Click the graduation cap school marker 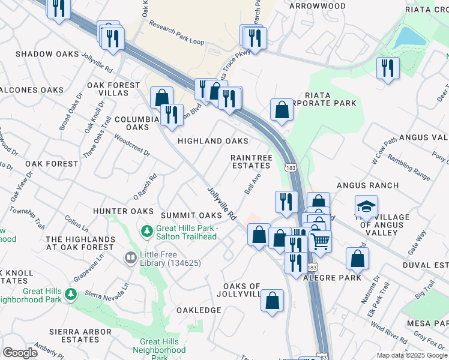click(x=366, y=207)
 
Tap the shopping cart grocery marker click(x=320, y=242)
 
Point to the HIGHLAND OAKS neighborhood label click(x=212, y=141)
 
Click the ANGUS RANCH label click(x=367, y=185)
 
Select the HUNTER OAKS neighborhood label click(x=124, y=211)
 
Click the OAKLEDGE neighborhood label click(x=199, y=310)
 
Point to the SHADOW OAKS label click(x=47, y=54)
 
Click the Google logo click(x=20, y=353)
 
